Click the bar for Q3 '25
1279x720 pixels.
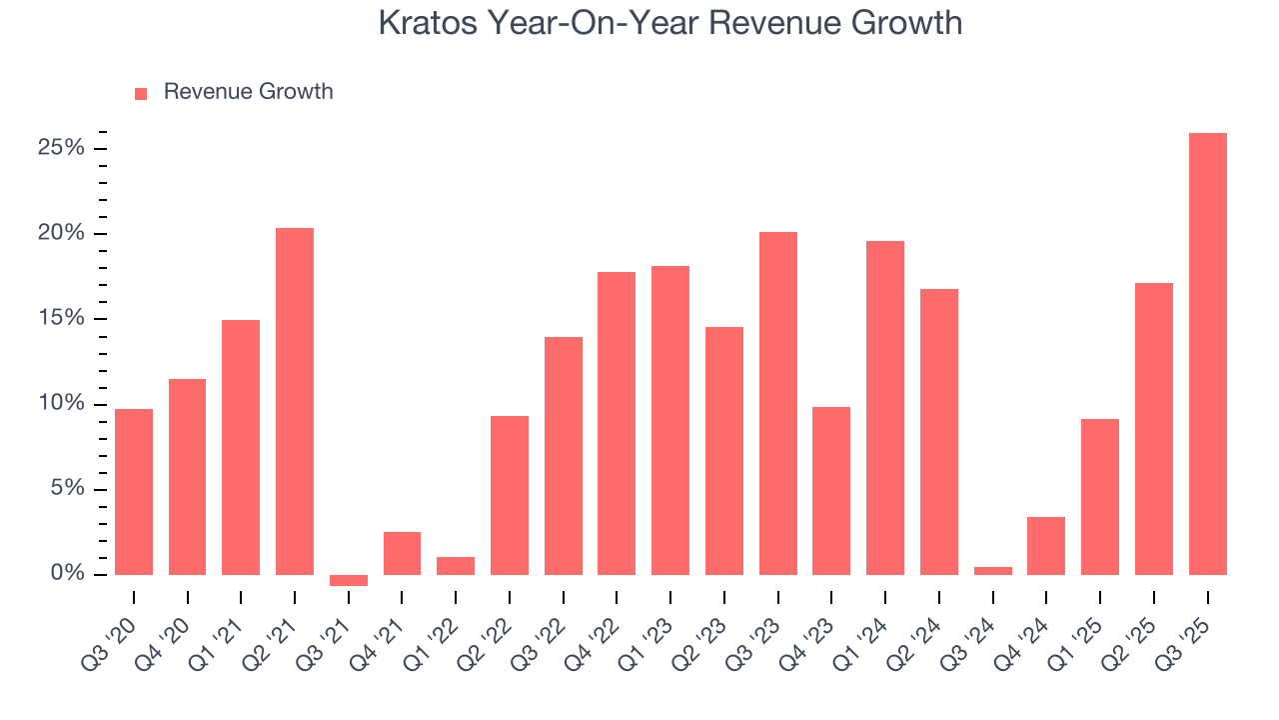point(1207,354)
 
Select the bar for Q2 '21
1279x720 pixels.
point(295,401)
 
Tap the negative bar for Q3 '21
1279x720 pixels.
point(349,580)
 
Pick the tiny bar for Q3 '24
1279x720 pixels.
point(992,571)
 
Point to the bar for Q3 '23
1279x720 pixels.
point(778,403)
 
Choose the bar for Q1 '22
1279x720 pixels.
point(456,566)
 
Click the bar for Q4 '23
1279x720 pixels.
point(831,491)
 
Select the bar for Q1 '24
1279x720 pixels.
point(885,408)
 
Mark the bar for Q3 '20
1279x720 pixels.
point(134,492)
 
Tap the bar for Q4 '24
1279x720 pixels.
point(1046,546)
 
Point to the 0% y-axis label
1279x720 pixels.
point(68,574)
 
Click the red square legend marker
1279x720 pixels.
point(141,93)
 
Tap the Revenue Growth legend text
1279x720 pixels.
point(248,92)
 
